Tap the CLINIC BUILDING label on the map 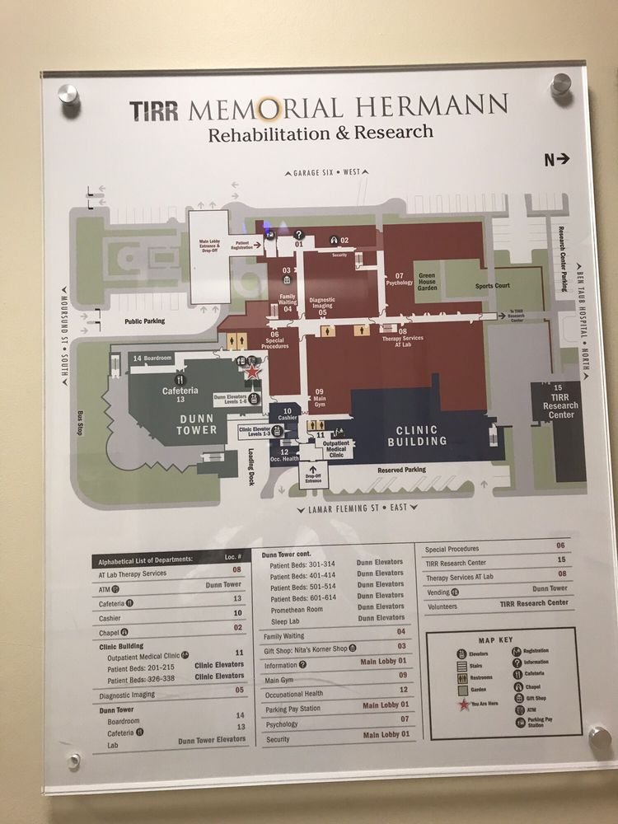(x=422, y=435)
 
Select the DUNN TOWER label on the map (x=197, y=424)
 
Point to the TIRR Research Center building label (x=560, y=405)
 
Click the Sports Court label (x=493, y=286)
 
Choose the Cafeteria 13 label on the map (x=180, y=395)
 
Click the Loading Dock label (x=250, y=468)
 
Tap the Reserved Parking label (x=401, y=470)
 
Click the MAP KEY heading (x=495, y=639)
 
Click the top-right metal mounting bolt (x=561, y=84)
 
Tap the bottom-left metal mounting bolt (x=73, y=761)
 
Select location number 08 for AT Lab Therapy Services (x=236, y=569)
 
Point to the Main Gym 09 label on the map (x=319, y=396)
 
